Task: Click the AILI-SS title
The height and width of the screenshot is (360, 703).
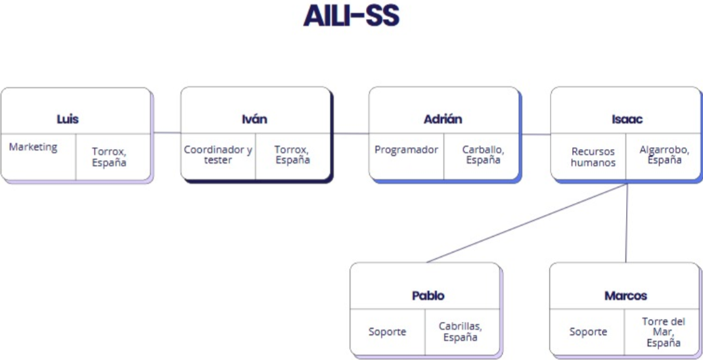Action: coord(351,16)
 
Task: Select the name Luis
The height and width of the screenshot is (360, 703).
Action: coord(68,120)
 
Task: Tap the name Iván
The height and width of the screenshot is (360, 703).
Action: coord(254,119)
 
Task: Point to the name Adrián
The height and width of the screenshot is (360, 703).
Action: coord(443,120)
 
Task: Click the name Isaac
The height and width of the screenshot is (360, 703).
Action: coord(627,120)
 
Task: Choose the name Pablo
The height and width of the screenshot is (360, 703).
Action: coord(428,296)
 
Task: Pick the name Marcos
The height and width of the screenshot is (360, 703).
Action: coord(626,296)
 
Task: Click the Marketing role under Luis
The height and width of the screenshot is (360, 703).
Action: coord(33,147)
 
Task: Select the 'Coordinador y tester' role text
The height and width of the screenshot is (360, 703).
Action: coord(218,154)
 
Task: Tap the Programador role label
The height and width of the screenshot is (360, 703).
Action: coord(406,150)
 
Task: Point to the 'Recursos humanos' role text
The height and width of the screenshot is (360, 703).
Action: coord(593,157)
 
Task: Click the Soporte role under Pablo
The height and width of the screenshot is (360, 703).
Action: coord(388,332)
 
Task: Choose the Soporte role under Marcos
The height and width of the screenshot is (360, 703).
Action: coord(588,332)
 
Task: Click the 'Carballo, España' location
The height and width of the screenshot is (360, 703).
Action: coord(483,154)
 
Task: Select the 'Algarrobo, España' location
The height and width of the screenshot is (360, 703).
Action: coord(664,154)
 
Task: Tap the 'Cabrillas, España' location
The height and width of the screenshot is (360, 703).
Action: coord(461,332)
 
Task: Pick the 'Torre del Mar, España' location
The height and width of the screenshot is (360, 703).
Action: coord(664,332)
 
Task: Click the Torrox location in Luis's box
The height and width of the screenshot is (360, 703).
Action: coord(109,157)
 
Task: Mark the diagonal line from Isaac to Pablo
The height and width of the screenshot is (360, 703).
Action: coord(527,223)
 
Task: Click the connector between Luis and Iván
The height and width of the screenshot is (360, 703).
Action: coord(168,133)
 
